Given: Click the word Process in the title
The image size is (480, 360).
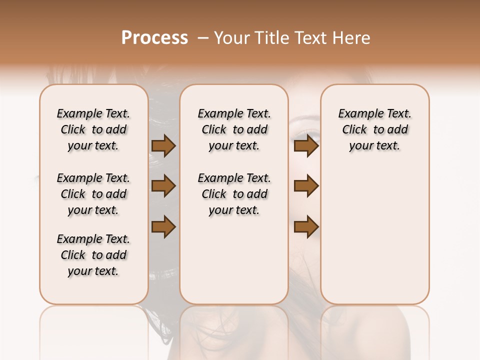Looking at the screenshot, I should [154, 38].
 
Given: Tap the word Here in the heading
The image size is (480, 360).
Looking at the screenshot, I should [351, 38].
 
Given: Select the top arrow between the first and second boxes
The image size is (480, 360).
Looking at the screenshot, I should [163, 146].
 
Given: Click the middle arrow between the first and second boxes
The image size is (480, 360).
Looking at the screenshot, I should [163, 186].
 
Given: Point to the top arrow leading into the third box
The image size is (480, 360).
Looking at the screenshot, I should [306, 146].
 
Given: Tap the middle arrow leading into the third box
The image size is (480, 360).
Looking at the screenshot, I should [306, 186].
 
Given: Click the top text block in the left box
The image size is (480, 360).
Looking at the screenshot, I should [93, 129].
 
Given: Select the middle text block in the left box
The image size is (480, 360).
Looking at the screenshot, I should [93, 194].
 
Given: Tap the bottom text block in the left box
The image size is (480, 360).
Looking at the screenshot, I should [93, 255].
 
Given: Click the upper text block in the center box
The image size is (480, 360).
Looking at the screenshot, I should [234, 129].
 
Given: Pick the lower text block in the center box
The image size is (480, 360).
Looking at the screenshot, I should [234, 194].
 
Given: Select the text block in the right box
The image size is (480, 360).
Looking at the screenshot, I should [374, 129].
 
